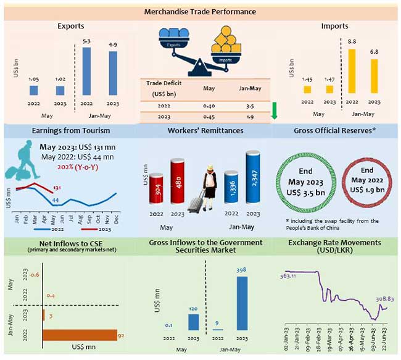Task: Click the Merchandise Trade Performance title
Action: (200, 12)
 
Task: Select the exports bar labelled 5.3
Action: (87, 72)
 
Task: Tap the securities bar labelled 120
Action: (194, 322)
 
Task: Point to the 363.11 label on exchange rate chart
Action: (289, 260)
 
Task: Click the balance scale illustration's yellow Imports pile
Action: (225, 45)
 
